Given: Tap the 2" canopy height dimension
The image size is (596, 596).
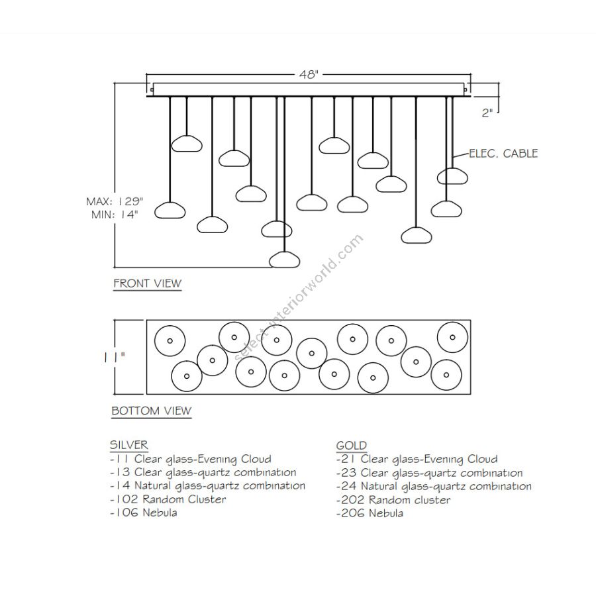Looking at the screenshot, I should (487, 113).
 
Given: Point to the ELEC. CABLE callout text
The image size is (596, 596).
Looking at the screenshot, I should (503, 154).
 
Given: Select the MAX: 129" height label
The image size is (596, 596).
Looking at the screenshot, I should (115, 201).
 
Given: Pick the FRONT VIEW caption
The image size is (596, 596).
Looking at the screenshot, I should (147, 283).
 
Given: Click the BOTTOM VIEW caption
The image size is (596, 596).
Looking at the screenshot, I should (151, 411).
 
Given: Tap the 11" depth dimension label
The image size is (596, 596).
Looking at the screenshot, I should (114, 357).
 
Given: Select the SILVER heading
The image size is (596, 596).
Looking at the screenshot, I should (129, 445).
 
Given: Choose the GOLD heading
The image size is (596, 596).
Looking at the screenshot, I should (351, 446).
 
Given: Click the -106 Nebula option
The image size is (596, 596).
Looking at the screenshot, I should (143, 513).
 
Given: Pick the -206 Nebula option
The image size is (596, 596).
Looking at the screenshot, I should (370, 513).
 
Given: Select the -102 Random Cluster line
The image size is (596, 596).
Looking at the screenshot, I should (168, 499).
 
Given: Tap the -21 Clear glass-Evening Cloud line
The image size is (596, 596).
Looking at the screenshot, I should (417, 459).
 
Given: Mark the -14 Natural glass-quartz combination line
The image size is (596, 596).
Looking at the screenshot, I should (207, 485).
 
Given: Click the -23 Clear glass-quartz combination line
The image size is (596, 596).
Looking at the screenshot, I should (429, 473).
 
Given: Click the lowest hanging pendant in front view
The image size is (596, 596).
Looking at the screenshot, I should (285, 259).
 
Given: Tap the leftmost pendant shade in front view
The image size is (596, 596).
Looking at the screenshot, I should (170, 211).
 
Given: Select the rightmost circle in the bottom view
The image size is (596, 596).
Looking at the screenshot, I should (452, 337).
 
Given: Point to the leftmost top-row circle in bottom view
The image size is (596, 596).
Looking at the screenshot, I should (170, 341).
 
